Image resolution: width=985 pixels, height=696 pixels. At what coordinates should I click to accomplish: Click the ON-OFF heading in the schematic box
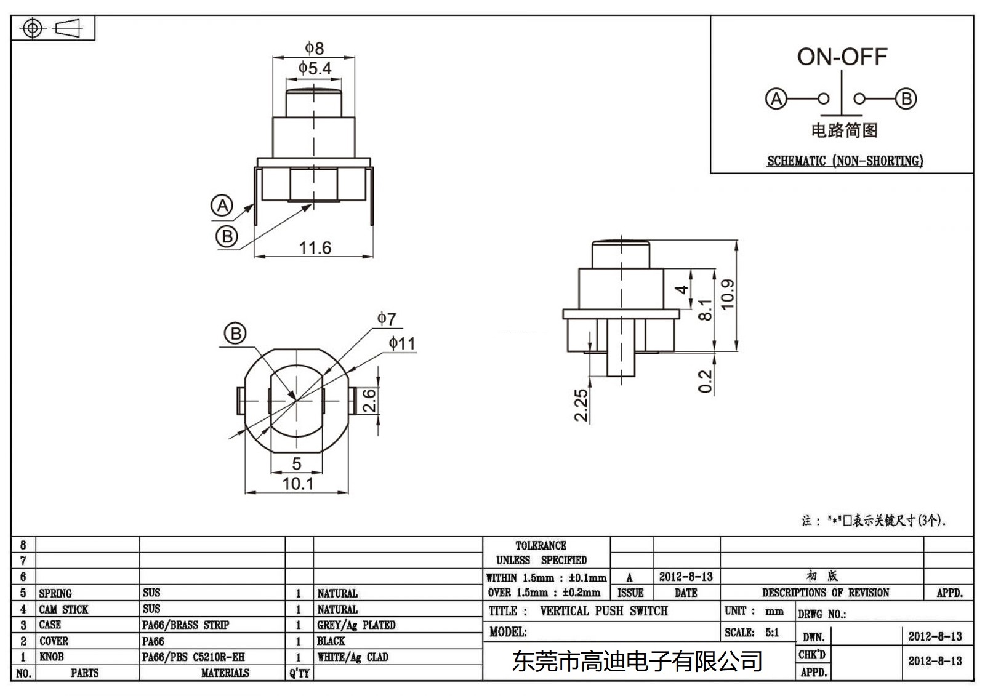842,57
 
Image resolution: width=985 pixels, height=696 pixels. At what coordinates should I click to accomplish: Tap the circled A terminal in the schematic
776,98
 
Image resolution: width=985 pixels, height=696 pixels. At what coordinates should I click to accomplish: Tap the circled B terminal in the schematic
906,98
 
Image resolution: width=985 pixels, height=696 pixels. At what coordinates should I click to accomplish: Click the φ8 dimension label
314,48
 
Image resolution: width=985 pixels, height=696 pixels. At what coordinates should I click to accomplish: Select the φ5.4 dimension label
315,68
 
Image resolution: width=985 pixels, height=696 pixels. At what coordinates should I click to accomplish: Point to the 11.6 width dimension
315,248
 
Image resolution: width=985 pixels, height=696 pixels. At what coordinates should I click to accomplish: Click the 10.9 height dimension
728,294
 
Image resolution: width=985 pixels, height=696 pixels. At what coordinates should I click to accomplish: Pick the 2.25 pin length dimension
581,405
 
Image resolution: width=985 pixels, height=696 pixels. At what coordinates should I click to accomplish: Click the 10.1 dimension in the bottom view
297,484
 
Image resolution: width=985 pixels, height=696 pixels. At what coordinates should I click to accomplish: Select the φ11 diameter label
401,343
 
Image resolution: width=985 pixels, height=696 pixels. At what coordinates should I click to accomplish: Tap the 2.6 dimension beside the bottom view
368,401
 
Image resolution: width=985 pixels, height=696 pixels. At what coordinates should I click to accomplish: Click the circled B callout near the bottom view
235,334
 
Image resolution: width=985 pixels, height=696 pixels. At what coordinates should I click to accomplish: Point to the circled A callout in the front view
222,206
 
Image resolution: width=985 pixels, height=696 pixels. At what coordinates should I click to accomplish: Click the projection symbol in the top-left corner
53,28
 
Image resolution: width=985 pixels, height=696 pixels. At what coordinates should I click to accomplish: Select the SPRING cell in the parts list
55,593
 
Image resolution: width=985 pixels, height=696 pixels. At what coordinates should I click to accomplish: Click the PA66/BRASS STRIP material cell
185,625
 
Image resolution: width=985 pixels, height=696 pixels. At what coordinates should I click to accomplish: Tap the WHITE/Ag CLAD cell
353,657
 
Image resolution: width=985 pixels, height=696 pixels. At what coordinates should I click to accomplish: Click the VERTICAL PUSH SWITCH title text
603,611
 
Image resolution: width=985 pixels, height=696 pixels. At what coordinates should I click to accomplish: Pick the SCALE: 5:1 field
751,633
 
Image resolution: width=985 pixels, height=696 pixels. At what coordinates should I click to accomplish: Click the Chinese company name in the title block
637,662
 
